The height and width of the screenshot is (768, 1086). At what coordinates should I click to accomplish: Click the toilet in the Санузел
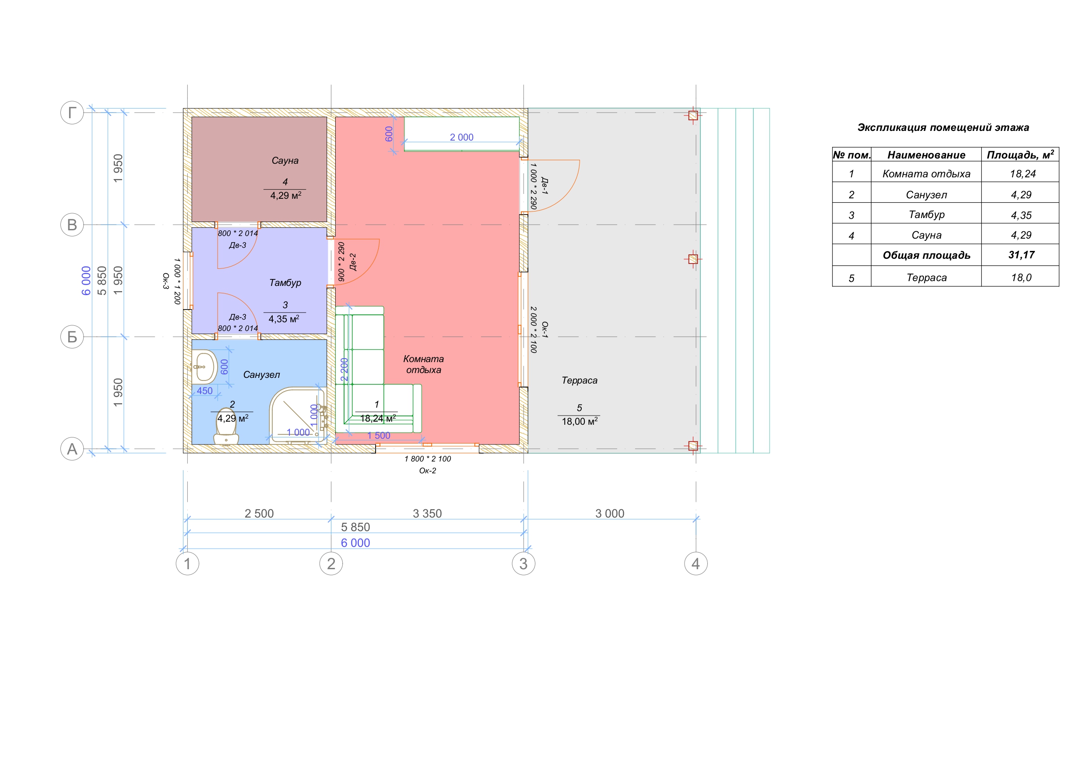coord(226,427)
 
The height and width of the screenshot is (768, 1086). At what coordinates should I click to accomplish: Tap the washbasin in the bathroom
coord(204,367)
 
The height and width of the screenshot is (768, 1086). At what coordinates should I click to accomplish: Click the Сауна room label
coord(285,160)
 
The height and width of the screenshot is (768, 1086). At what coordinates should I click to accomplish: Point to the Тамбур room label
coord(285,282)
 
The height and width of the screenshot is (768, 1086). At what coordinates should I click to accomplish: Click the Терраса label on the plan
coord(580,380)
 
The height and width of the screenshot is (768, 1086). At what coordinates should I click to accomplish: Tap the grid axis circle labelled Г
coord(72,113)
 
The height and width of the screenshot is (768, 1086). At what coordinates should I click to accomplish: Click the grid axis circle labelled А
coord(72,449)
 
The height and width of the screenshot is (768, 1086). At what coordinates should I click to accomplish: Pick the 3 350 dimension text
coord(427,514)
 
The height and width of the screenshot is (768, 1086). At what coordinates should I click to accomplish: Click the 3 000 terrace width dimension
coord(610,514)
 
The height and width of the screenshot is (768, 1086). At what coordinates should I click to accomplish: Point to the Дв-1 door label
coord(545,186)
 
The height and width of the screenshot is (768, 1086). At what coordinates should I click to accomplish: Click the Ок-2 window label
coord(428,471)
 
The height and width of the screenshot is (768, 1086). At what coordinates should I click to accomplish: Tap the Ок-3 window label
coord(165,281)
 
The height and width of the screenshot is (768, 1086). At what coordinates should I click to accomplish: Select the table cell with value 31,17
coord(1022,255)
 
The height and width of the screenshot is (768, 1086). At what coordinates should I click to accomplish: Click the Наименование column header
coord(926,155)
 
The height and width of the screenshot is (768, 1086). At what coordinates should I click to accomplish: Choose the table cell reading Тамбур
coord(926,215)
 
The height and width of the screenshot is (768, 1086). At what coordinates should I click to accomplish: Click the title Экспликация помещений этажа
coord(943,127)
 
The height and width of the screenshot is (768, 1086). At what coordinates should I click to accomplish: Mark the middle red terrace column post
coord(693,259)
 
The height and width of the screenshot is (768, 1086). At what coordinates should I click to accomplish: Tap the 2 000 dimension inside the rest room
coord(461,137)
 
